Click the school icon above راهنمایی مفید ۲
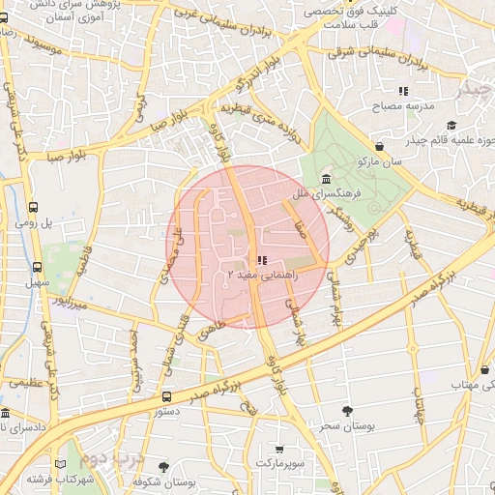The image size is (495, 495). click(x=262, y=259)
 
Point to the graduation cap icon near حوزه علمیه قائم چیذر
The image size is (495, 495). click(x=451, y=125)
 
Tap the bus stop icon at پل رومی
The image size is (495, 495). click(x=35, y=207)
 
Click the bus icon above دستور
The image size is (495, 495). click(x=167, y=396)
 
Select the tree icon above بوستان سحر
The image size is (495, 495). click(x=347, y=411)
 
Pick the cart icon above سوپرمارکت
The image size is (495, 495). click(x=279, y=449)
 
